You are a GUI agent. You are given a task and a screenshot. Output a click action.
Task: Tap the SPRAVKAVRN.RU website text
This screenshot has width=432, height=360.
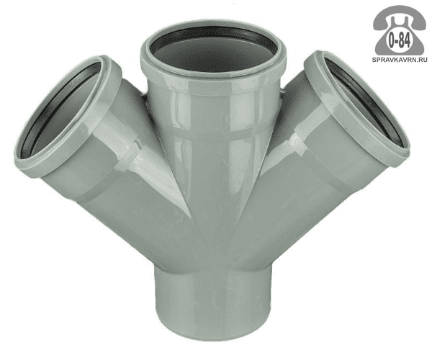400,59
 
